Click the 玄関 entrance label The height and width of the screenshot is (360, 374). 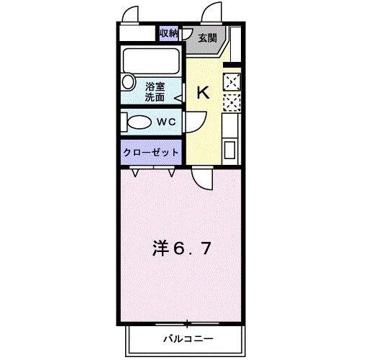[x=208, y=37]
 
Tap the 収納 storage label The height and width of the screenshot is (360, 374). [x=168, y=33]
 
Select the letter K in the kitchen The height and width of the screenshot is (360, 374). [x=204, y=92]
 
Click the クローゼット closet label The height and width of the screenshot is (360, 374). [x=151, y=153]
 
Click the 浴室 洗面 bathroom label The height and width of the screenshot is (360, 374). [x=155, y=91]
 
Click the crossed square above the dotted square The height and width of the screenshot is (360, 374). [x=232, y=81]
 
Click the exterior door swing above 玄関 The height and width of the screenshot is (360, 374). [x=214, y=13]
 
